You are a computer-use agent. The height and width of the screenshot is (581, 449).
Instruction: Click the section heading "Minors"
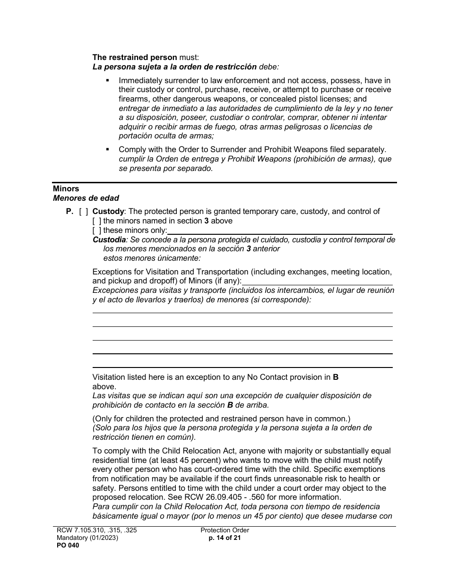point(66,189)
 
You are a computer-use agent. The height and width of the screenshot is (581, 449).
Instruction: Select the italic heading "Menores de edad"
point(86,198)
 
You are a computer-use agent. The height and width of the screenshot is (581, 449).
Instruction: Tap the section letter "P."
point(69,212)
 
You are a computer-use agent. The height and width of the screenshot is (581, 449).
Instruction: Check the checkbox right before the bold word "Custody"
point(83,212)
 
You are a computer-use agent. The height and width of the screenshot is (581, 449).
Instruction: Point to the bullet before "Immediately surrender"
point(108,81)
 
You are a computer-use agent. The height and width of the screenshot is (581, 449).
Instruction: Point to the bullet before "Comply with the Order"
point(108,149)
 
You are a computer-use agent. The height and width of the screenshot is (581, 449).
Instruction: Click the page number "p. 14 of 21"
point(224,538)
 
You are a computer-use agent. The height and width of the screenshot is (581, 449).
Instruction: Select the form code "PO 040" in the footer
point(66,545)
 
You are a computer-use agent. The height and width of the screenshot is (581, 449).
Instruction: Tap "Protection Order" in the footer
point(224,530)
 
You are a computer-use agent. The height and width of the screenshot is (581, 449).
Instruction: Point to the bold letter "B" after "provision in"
point(336,377)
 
